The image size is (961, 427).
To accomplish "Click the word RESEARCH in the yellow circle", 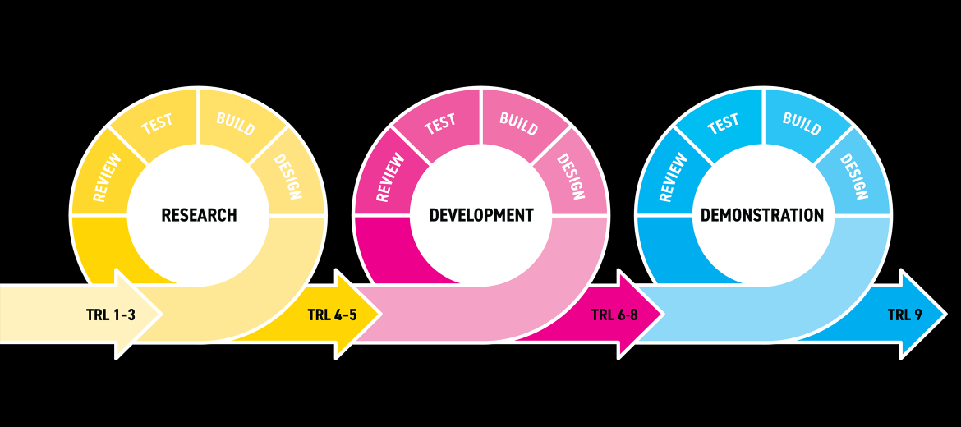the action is [199, 215].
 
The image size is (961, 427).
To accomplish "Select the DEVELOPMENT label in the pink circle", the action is [481, 215].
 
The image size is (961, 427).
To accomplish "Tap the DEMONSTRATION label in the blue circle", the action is [761, 215].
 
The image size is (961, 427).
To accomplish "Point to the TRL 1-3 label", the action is [110, 315].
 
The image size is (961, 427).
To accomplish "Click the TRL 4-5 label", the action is [332, 315].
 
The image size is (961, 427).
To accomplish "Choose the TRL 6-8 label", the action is [614, 315].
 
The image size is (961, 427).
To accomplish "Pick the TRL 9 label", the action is [904, 315].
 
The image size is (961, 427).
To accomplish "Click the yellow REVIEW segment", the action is [104, 177].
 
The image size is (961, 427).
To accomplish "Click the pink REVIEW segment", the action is [388, 177].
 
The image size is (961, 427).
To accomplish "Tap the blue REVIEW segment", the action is [670, 177].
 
